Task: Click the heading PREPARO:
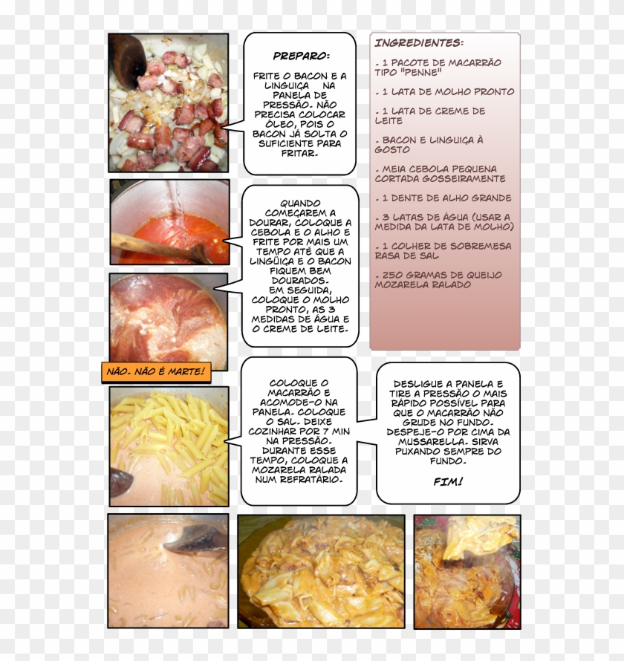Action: click(x=301, y=56)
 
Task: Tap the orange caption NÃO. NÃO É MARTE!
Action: click(x=156, y=371)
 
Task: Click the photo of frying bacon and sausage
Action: click(x=169, y=102)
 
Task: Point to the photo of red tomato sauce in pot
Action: click(x=170, y=221)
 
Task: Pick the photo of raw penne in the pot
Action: click(x=169, y=446)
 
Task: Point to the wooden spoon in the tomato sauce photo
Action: click(x=156, y=247)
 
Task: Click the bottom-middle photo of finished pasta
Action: click(x=321, y=571)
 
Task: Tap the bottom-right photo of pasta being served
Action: click(x=467, y=571)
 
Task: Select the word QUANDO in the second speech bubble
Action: click(x=300, y=203)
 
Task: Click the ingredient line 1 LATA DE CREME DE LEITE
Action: click(x=431, y=116)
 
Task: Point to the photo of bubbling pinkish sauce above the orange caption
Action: click(x=169, y=317)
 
